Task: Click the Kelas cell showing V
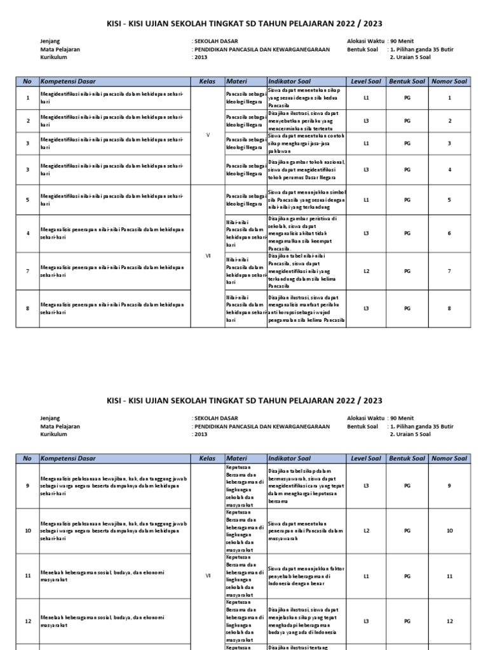pos(208,135)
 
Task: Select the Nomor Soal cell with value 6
pos(449,234)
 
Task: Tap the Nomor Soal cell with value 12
pos(449,621)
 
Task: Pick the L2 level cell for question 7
pos(366,271)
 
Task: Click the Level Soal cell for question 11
pos(366,576)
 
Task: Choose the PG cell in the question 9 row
pos(407,485)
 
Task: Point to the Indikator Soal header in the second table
pos(289,458)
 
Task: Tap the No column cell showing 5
pos(27,199)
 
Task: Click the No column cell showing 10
pos(27,530)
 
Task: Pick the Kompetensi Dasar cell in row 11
pos(115,576)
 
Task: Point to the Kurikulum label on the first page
pos(55,56)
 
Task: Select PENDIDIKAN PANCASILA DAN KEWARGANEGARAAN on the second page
pos(262,427)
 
